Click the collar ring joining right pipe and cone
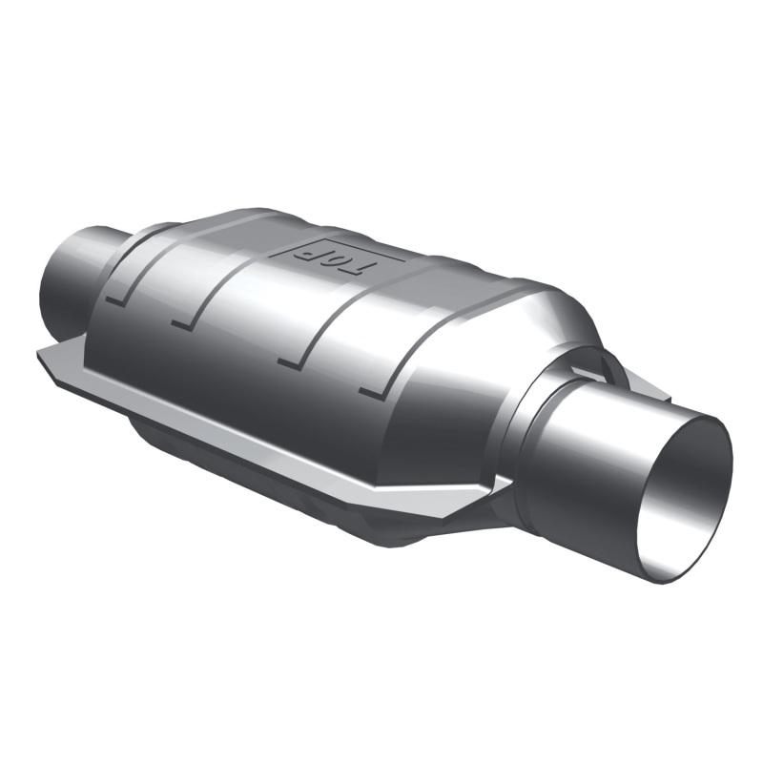pos(534,429)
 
